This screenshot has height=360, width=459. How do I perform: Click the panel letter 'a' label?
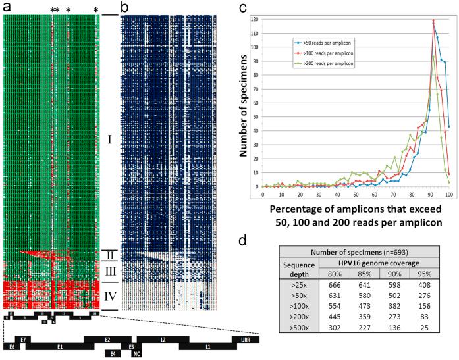click(x=5, y=7)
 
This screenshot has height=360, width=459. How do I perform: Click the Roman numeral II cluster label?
click(x=110, y=255)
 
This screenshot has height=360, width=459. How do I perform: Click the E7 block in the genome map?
click(x=23, y=339)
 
